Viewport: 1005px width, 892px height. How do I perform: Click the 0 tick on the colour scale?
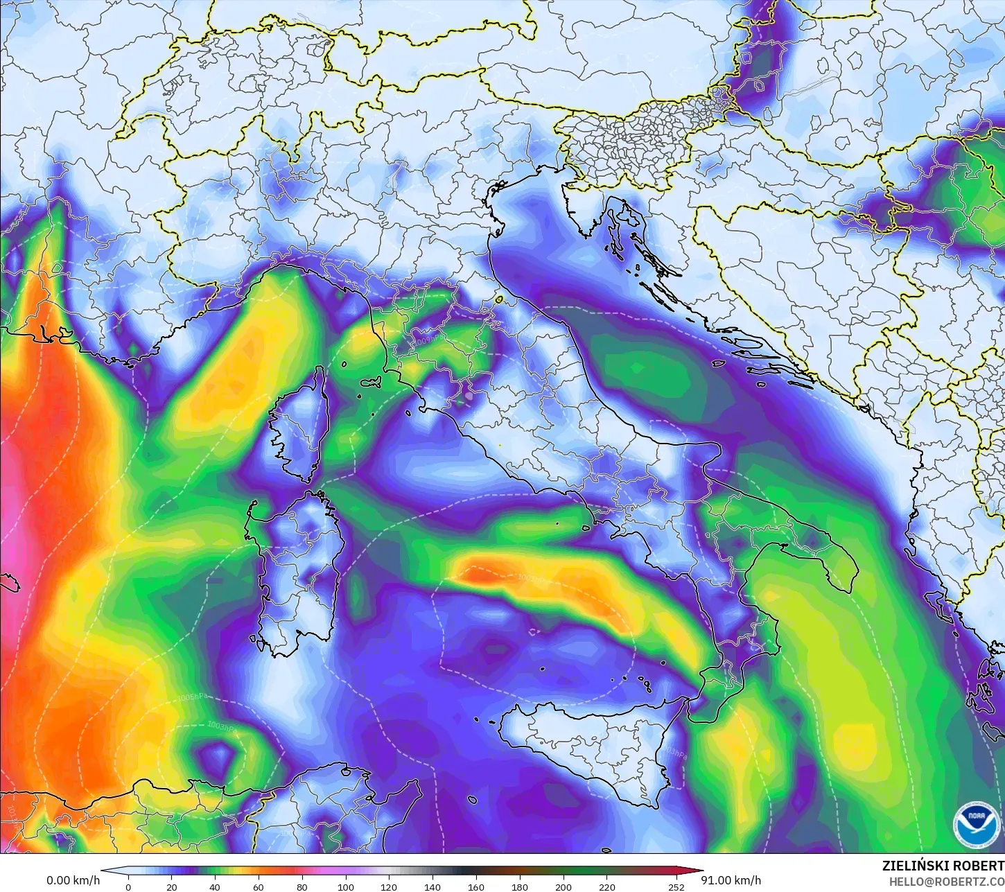click(128, 886)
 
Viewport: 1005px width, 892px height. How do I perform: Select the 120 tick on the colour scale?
click(389, 886)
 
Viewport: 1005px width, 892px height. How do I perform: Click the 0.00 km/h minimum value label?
click(73, 880)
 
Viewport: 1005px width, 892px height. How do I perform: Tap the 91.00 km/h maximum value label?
click(731, 880)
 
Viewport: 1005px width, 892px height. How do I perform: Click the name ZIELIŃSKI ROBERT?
click(943, 866)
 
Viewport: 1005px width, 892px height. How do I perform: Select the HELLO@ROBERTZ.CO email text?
click(947, 882)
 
